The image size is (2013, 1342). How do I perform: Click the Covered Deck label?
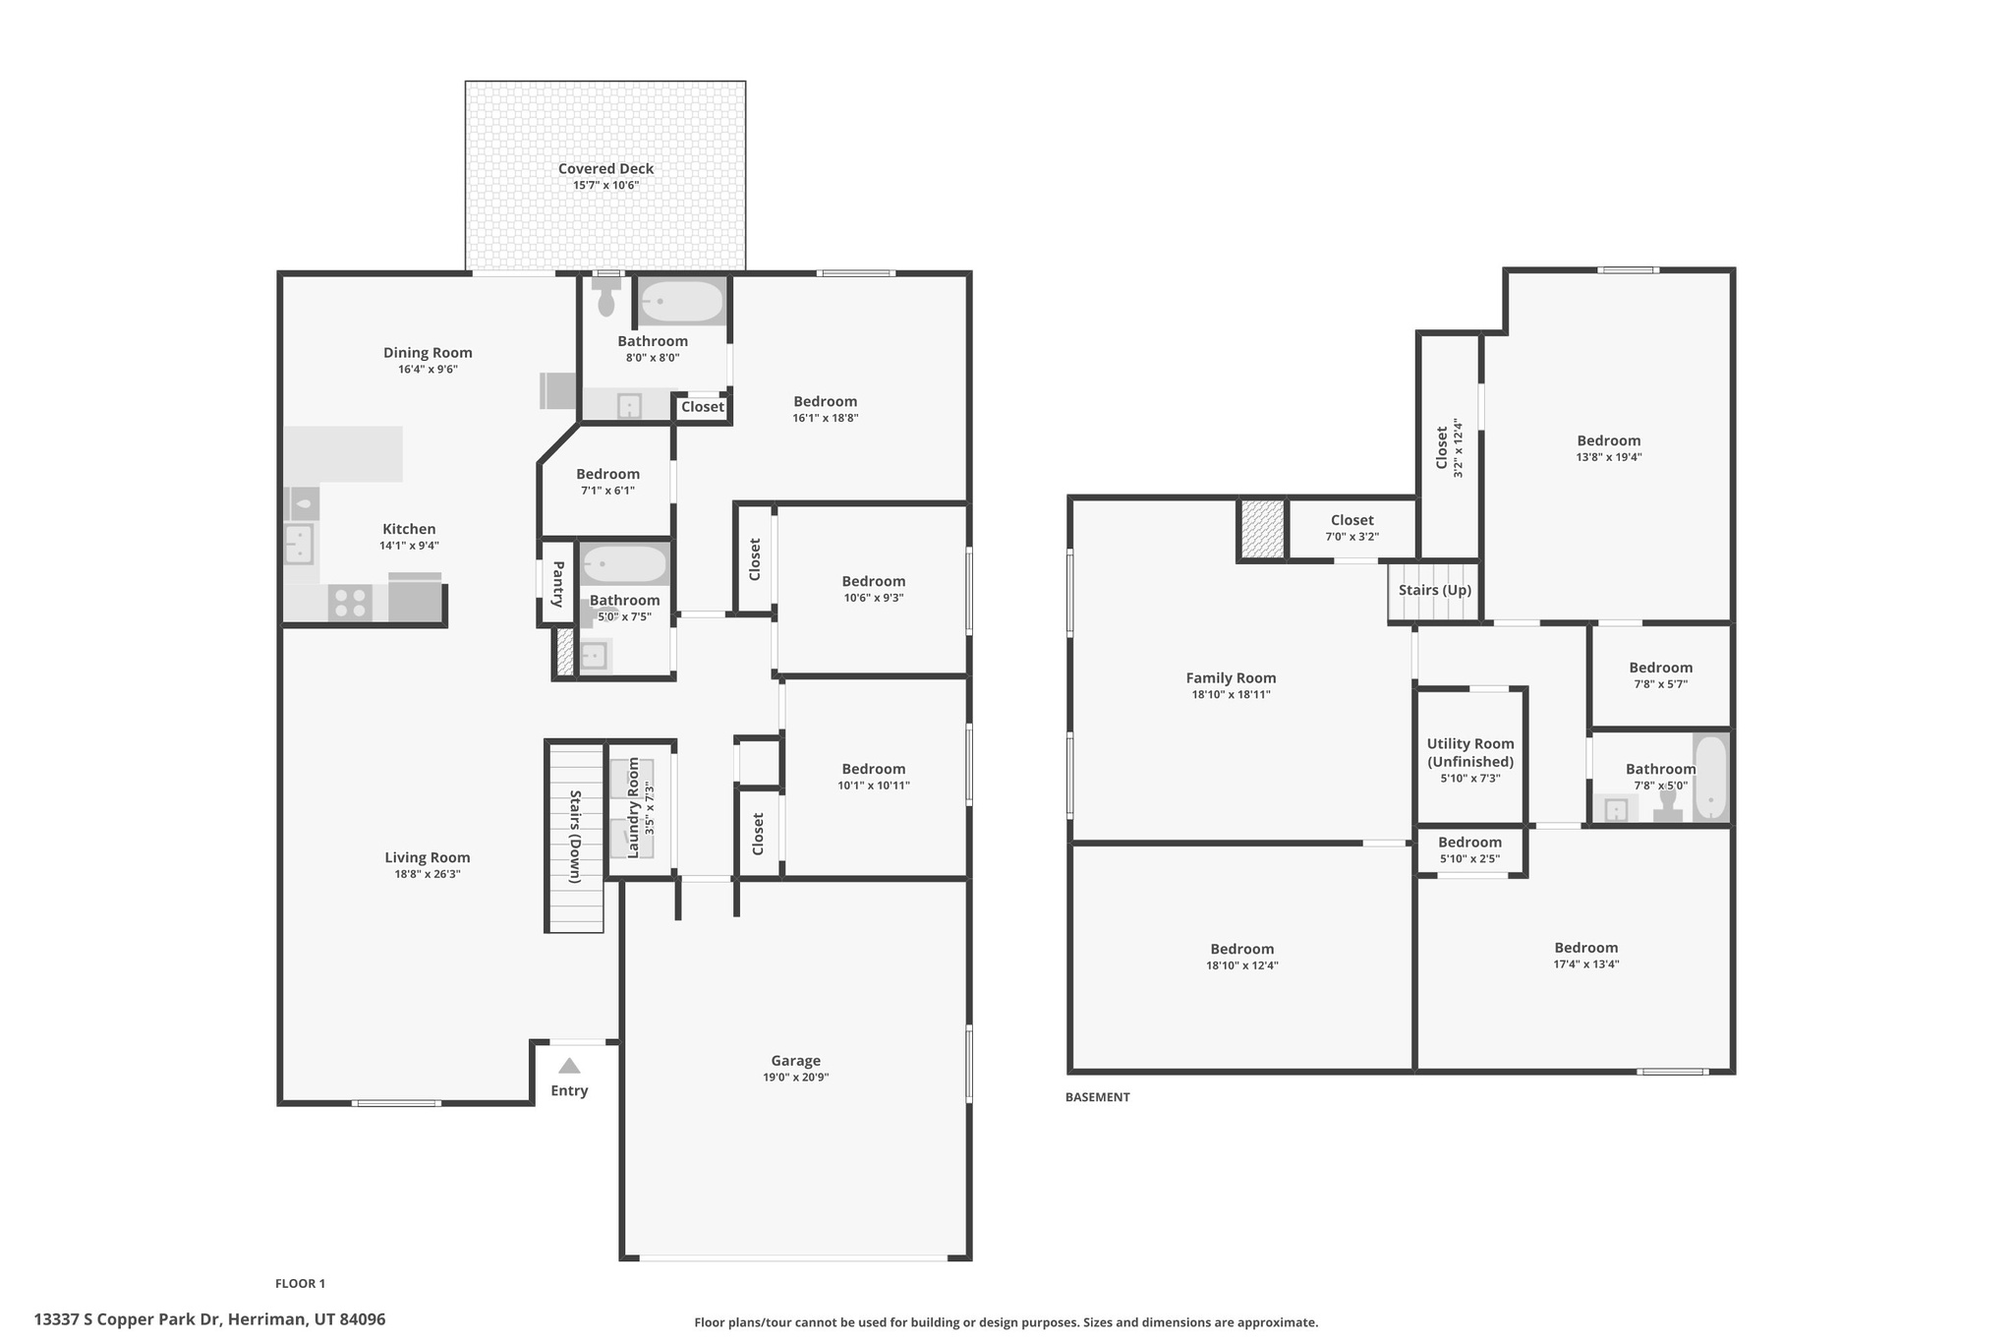[605, 169]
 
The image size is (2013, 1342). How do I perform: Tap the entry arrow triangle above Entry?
[569, 1066]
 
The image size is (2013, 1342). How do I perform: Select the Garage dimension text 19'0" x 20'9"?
[795, 1078]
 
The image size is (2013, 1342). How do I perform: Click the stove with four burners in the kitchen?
[349, 602]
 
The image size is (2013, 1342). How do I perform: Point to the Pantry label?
[557, 584]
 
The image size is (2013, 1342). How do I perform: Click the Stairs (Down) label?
[575, 837]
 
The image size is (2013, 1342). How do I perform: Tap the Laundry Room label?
[633, 807]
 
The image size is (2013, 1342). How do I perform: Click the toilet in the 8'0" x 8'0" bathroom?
[606, 298]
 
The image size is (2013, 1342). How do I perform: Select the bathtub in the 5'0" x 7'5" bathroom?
[624, 564]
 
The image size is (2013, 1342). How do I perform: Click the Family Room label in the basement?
[1231, 677]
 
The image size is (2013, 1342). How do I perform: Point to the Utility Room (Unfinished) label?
[1470, 753]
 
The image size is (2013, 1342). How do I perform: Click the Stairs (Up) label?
[1435, 590]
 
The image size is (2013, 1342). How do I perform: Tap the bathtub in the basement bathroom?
[1710, 778]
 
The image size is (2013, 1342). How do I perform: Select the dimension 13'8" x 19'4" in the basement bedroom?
[1609, 457]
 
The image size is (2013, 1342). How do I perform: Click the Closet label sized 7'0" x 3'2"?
[1352, 520]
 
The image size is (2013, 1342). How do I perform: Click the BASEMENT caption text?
[1097, 1097]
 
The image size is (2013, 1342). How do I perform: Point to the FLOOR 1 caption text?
[300, 1283]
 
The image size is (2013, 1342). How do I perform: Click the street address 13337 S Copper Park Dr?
[209, 1319]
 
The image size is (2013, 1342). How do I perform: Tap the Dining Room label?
[428, 353]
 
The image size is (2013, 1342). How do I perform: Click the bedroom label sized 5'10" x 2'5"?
[1469, 843]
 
